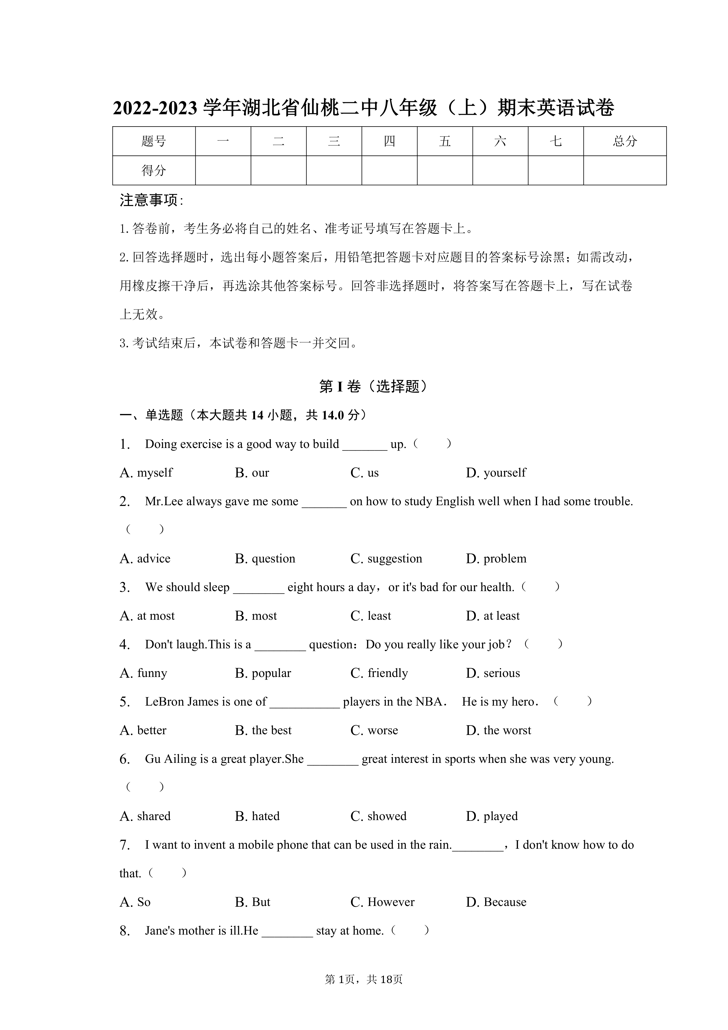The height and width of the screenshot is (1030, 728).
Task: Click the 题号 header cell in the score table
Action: tap(154, 141)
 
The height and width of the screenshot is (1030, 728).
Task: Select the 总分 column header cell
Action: tap(625, 141)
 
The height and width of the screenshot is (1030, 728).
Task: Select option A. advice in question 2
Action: tap(145, 559)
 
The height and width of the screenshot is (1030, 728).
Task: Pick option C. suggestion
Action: tap(386, 559)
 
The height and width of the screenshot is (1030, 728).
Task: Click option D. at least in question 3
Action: tap(493, 616)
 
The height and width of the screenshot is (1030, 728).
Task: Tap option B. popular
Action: tap(263, 673)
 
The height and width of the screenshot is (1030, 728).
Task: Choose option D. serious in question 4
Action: tap(493, 673)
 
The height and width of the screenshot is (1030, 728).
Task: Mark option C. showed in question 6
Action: tap(378, 816)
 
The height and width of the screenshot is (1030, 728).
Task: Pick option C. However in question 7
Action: tap(382, 902)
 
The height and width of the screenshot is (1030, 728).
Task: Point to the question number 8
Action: tap(125, 931)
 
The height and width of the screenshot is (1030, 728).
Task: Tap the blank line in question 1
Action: tap(364, 445)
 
